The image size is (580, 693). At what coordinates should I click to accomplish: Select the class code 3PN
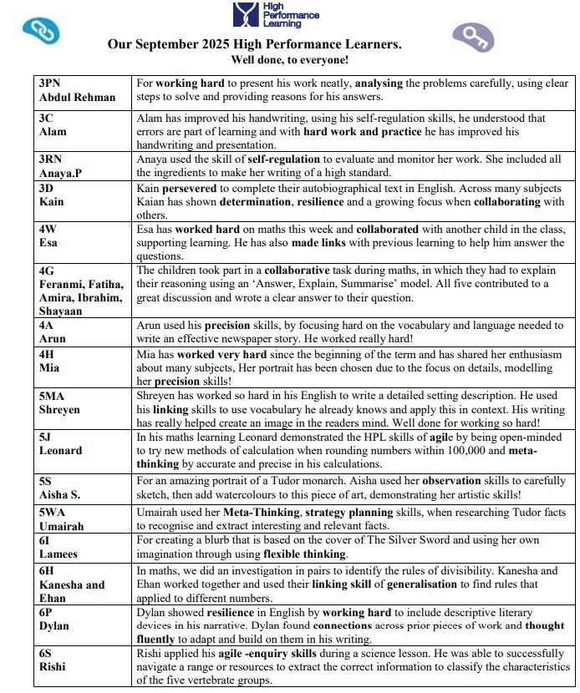click(x=52, y=83)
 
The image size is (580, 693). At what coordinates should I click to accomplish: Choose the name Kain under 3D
click(x=51, y=201)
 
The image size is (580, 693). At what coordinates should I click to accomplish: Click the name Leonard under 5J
click(x=61, y=450)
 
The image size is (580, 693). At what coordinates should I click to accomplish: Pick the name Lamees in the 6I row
click(x=59, y=554)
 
